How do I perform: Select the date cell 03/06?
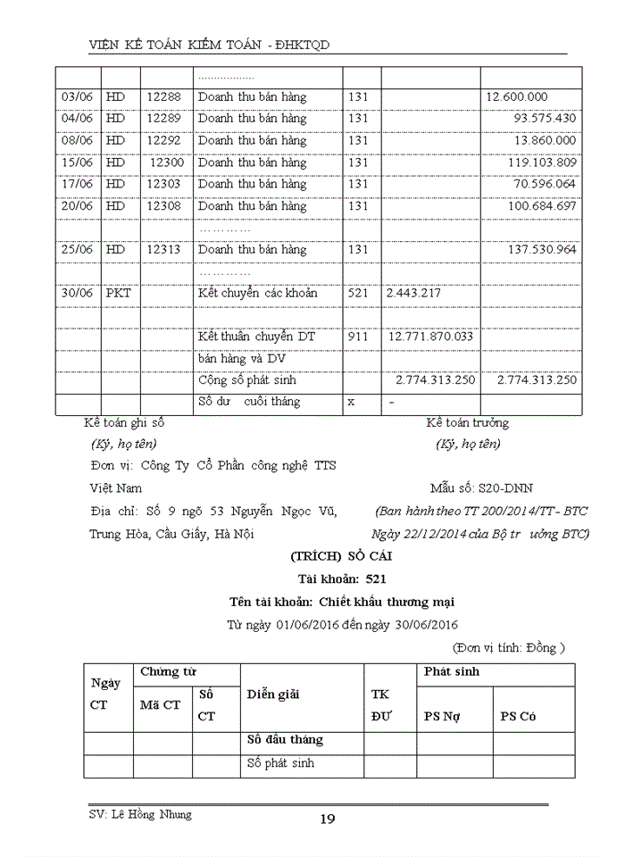point(76,96)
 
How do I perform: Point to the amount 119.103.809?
point(542,162)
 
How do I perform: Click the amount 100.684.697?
point(542,206)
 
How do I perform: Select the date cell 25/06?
point(76,249)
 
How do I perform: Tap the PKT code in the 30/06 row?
point(118,293)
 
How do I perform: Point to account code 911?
point(358,337)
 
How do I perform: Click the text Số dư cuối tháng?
point(249,402)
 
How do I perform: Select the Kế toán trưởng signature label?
point(467,423)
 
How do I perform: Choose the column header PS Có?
point(519,716)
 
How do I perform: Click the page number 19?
point(328,820)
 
